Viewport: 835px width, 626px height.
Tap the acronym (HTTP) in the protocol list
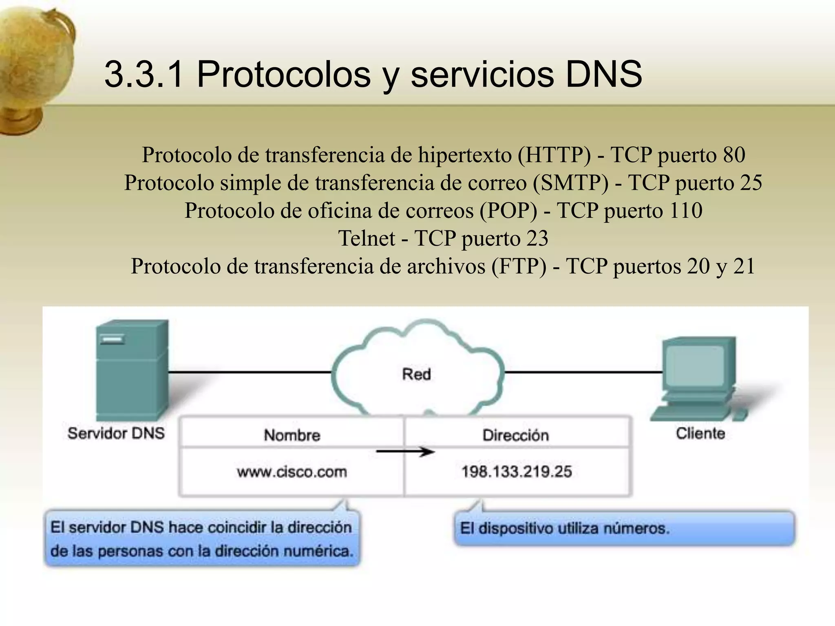[554, 155]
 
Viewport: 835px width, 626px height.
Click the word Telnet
[367, 238]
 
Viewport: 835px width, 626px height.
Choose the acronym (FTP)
[519, 267]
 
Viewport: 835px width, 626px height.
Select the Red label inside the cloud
[416, 374]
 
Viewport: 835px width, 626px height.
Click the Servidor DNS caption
[116, 433]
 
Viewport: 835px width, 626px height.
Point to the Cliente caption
[700, 433]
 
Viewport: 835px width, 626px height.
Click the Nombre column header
[292, 435]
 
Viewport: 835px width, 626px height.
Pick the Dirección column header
[516, 435]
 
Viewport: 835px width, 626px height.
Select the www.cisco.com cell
[292, 472]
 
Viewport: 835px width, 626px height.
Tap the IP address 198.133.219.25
[517, 472]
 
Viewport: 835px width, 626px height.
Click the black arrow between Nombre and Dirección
[405, 452]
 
